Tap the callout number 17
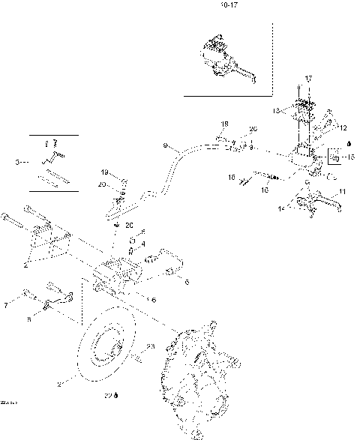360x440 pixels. click(x=307, y=79)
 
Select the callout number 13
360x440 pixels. click(x=276, y=110)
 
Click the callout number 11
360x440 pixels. click(x=343, y=193)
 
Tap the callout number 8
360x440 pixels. click(x=29, y=318)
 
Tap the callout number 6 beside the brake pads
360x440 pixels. click(x=187, y=282)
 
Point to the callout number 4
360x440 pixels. click(x=143, y=243)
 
